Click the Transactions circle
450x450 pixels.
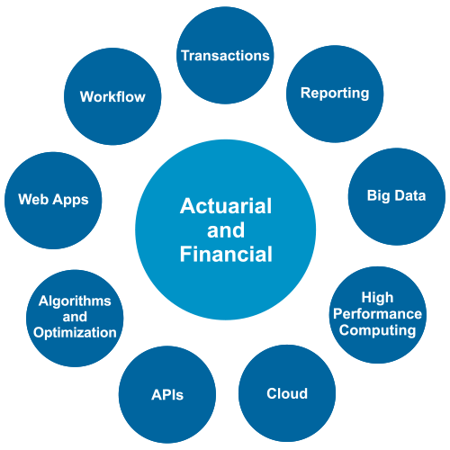click(225, 56)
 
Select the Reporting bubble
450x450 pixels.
click(335, 94)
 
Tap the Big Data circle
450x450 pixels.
click(397, 196)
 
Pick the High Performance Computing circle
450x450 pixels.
click(378, 315)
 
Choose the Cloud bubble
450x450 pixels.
click(287, 393)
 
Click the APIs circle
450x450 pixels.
click(167, 394)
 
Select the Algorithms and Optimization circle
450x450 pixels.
click(75, 318)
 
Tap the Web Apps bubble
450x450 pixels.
click(53, 201)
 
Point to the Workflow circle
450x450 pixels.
click(112, 96)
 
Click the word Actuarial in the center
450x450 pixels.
click(226, 206)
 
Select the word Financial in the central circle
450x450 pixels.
click(226, 254)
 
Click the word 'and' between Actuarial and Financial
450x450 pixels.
click(226, 230)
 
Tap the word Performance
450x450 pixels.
click(377, 314)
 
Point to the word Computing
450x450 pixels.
click(377, 330)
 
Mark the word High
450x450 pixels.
click(377, 298)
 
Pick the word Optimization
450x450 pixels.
click(75, 333)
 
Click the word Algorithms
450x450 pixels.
click(75, 301)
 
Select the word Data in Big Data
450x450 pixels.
click(410, 195)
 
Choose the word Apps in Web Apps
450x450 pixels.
click(71, 200)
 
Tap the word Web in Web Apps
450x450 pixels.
click(34, 199)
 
